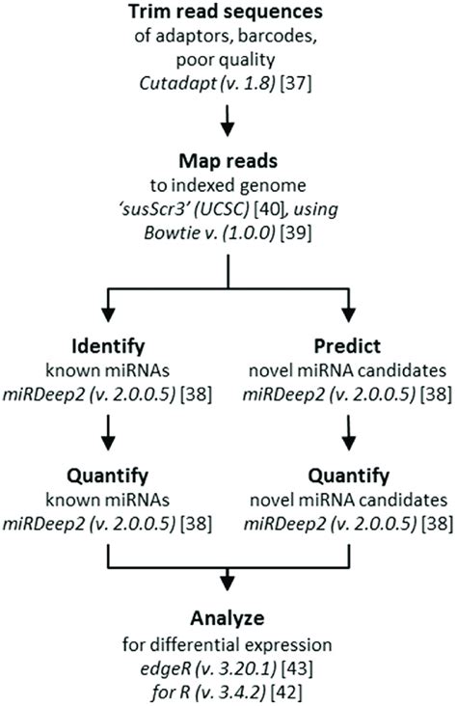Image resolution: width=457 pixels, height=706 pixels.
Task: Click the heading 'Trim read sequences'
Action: (x=228, y=14)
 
